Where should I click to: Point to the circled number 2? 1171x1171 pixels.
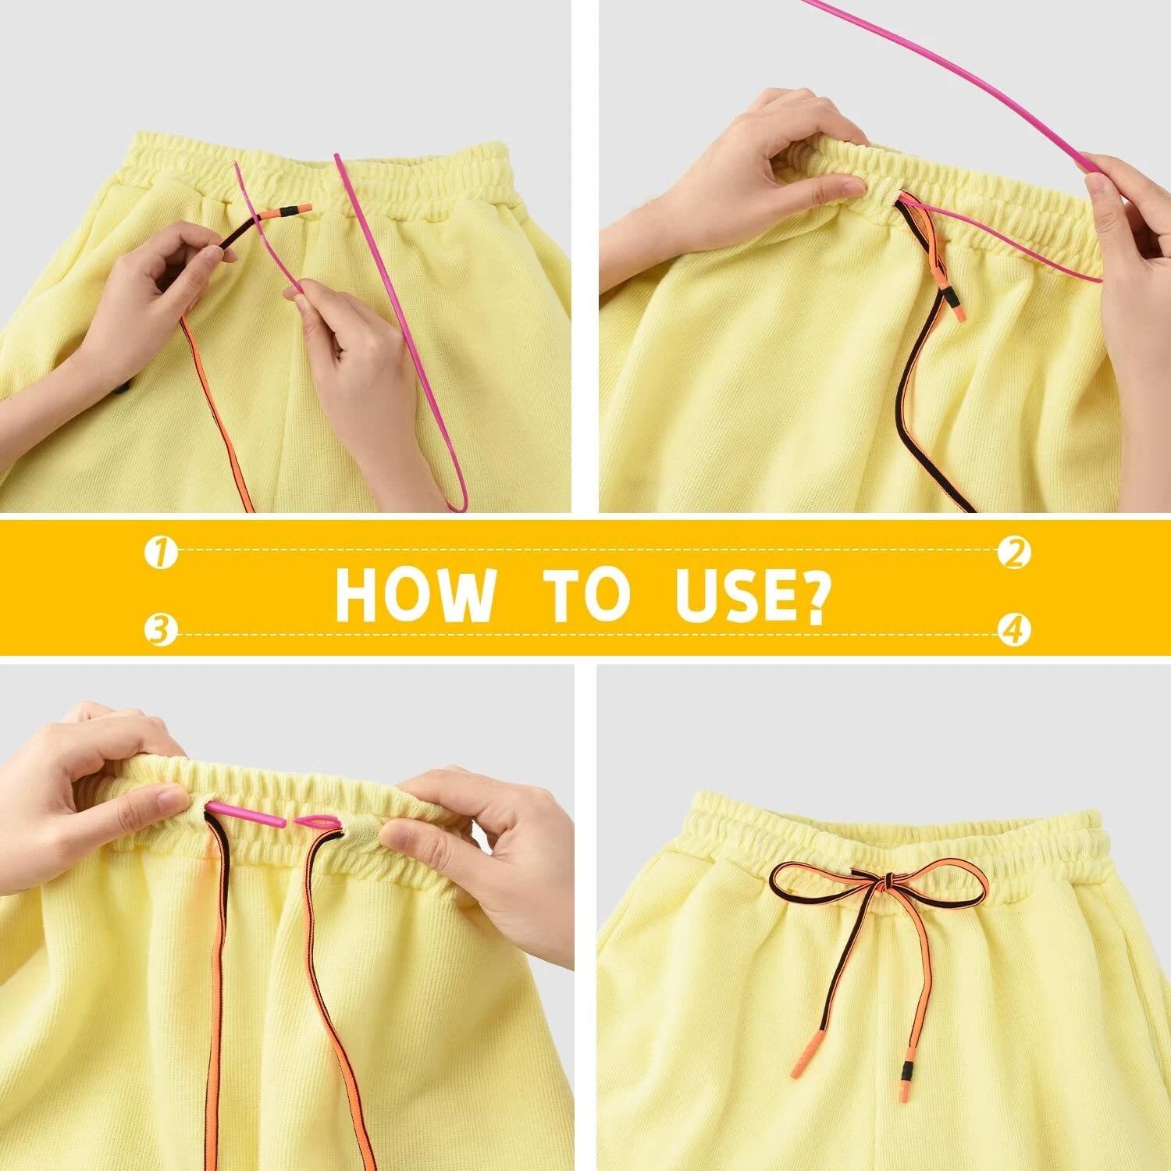tap(1014, 553)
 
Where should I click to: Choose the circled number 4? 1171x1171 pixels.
tap(1014, 630)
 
